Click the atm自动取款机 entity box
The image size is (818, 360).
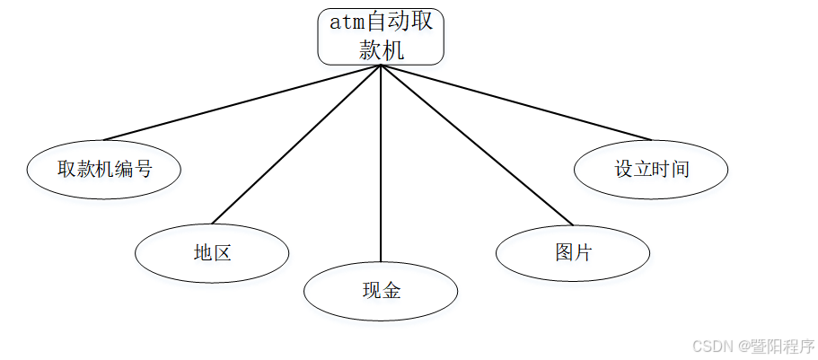click(x=381, y=36)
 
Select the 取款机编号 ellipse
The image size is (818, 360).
click(x=104, y=169)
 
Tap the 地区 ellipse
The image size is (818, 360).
click(x=212, y=253)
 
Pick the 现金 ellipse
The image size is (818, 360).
click(x=381, y=291)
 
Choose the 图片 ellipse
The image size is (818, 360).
click(x=573, y=253)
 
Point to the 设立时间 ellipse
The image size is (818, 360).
click(x=651, y=169)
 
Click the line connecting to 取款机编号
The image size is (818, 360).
click(x=242, y=103)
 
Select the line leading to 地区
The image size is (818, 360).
click(x=296, y=145)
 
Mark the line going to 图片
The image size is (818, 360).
click(x=476, y=145)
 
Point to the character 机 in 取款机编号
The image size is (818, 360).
click(x=104, y=169)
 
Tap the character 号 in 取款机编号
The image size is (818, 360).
click(x=143, y=169)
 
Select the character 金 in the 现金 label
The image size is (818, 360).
click(x=391, y=291)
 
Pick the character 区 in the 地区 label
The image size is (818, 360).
click(x=222, y=253)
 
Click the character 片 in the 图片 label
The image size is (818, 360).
click(x=583, y=253)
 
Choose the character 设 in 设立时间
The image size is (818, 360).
click(x=624, y=169)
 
